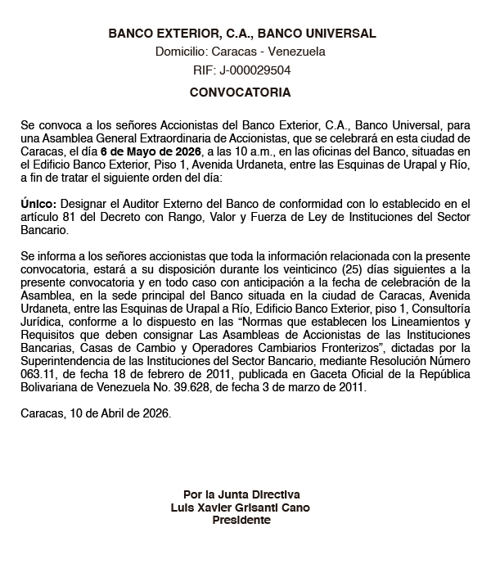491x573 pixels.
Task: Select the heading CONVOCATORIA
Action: pyautogui.click(x=240, y=92)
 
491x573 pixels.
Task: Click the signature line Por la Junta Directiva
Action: pyautogui.click(x=241, y=494)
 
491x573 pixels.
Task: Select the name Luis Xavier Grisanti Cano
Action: pyautogui.click(x=241, y=507)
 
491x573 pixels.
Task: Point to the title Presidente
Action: pyautogui.click(x=241, y=519)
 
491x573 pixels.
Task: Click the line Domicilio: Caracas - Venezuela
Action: pyautogui.click(x=241, y=52)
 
